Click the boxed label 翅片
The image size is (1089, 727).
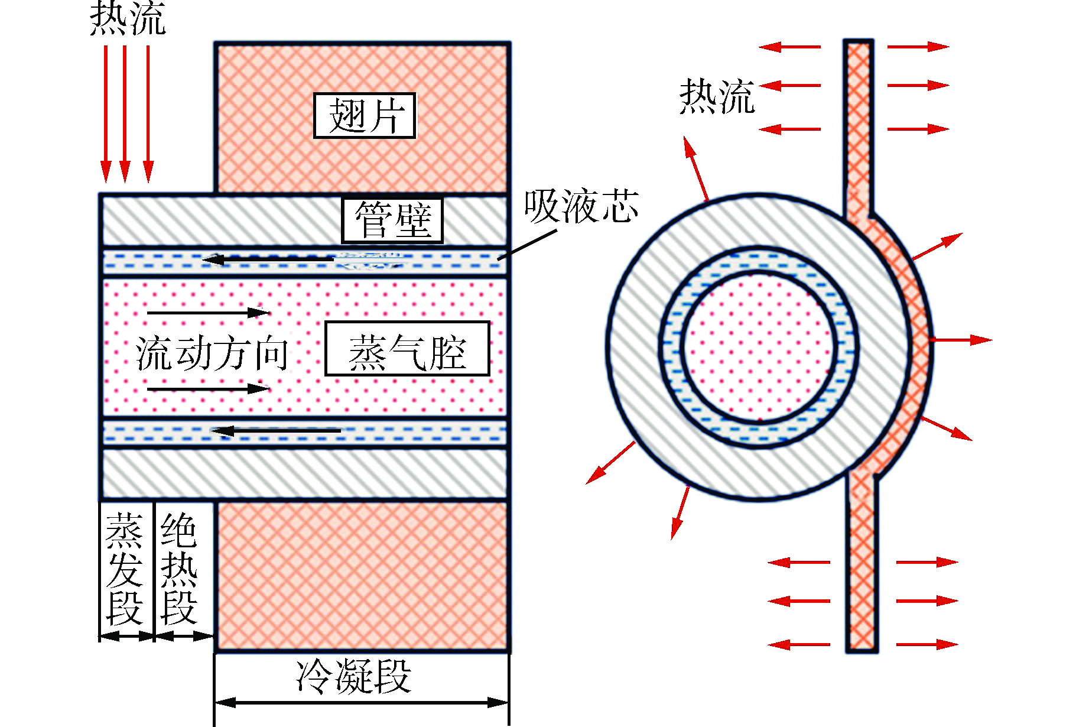(364, 116)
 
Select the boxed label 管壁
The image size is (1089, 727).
(392, 220)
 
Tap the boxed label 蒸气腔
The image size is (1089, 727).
(407, 349)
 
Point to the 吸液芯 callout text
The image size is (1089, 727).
(581, 207)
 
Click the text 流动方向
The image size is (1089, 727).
(213, 353)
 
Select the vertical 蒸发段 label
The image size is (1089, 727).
(125, 569)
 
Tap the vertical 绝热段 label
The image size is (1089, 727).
(179, 569)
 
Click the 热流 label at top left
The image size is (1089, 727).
(128, 19)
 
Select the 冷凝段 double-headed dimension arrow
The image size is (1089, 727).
(361, 703)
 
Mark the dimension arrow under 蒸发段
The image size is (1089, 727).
(126, 637)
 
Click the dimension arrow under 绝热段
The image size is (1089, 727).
(184, 637)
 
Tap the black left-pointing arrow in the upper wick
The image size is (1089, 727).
(269, 259)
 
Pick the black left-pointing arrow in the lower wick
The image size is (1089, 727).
(276, 431)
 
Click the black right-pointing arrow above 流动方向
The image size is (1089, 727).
(208, 312)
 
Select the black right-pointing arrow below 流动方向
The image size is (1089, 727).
(208, 388)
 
